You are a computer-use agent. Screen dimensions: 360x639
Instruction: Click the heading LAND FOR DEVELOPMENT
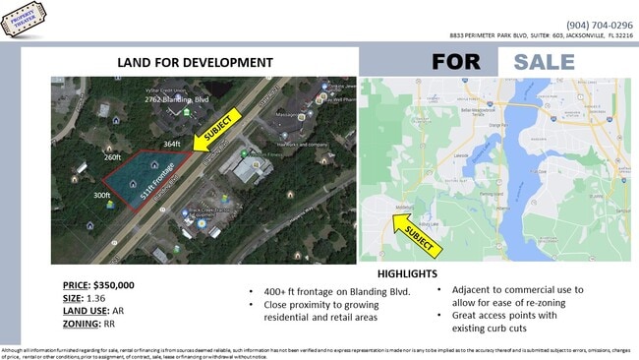pos(195,62)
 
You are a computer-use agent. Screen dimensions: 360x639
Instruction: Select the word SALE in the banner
pos(544,61)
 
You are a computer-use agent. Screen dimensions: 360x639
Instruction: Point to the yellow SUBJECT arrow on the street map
pos(414,232)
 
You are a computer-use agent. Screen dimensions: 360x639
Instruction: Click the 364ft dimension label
pos(172,145)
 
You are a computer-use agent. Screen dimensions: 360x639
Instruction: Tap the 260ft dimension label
pos(112,157)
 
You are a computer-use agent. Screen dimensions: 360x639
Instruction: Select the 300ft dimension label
pos(101,196)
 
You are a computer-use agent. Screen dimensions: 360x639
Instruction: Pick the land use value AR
pos(129,311)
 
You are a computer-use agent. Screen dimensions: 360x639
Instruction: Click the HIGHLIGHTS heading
pos(406,274)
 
